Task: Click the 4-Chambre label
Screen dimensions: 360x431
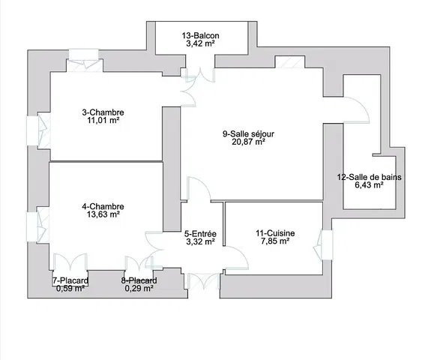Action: (103, 206)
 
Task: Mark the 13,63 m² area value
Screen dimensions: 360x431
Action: (103, 214)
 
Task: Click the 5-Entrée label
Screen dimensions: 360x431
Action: (200, 233)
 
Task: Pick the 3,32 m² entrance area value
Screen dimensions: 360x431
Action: (200, 241)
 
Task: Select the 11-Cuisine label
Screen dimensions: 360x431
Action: (274, 233)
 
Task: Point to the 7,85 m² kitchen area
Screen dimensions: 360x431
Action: (274, 241)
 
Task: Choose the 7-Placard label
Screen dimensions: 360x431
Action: (70, 280)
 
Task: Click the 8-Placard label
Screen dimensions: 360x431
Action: (139, 280)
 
